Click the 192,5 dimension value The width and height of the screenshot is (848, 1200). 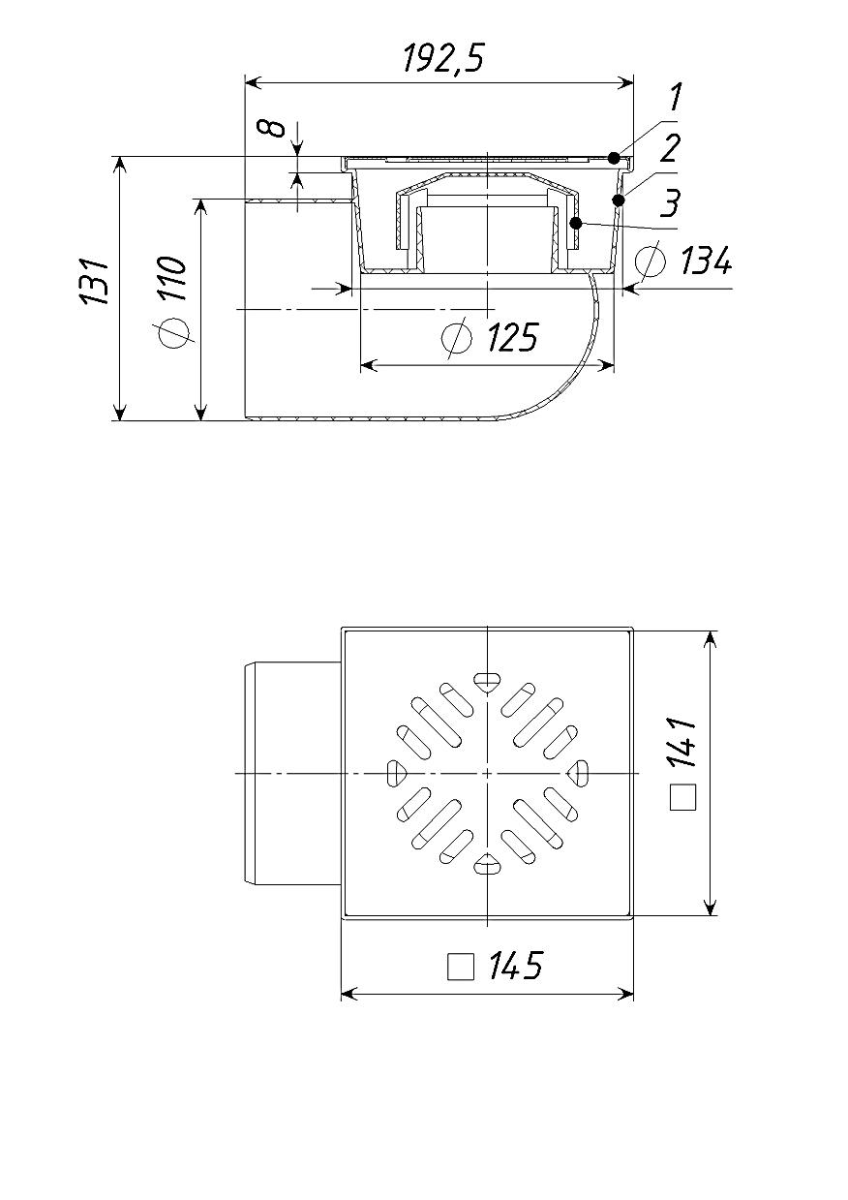443,58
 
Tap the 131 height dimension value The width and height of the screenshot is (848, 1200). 94,281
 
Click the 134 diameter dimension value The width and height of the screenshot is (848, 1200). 706,261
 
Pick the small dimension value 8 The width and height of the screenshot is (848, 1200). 276,129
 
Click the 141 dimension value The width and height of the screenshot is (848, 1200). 682,743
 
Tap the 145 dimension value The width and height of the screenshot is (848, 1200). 515,966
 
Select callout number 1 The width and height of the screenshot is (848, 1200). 675,97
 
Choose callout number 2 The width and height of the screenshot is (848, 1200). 670,148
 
